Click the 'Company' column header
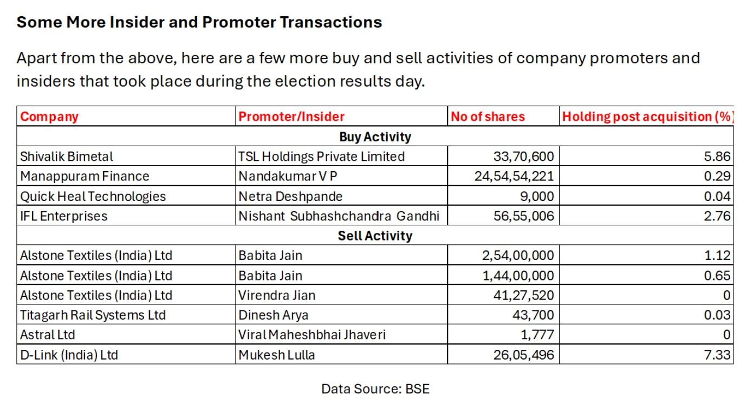click(49, 116)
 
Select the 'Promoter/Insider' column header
click(291, 116)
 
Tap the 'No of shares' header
click(488, 116)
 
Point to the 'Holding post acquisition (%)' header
click(647, 116)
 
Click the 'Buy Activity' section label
click(375, 136)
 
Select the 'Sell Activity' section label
click(375, 236)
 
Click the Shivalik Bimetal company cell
click(67, 157)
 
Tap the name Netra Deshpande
click(290, 196)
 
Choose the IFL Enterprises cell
click(64, 216)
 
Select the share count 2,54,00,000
click(518, 256)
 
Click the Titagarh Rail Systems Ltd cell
click(93, 315)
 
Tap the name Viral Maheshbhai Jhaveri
click(312, 335)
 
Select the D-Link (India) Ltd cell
click(69, 355)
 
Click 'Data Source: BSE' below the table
click(375, 388)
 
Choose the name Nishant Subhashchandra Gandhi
click(339, 216)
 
